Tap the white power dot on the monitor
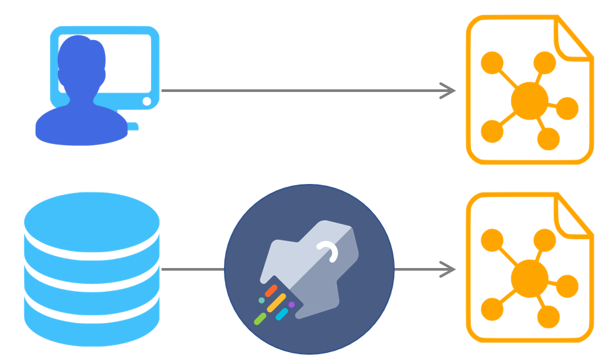point(146,101)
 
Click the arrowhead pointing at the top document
point(449,91)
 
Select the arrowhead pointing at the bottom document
point(449,269)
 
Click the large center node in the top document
point(529,101)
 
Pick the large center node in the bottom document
point(529,278)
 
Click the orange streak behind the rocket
point(271,290)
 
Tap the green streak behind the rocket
point(260,319)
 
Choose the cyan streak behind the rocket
point(282,315)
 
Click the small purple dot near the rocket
point(292,305)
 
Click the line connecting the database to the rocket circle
point(192,269)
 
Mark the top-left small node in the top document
point(492,64)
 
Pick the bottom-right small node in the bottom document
point(548,317)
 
